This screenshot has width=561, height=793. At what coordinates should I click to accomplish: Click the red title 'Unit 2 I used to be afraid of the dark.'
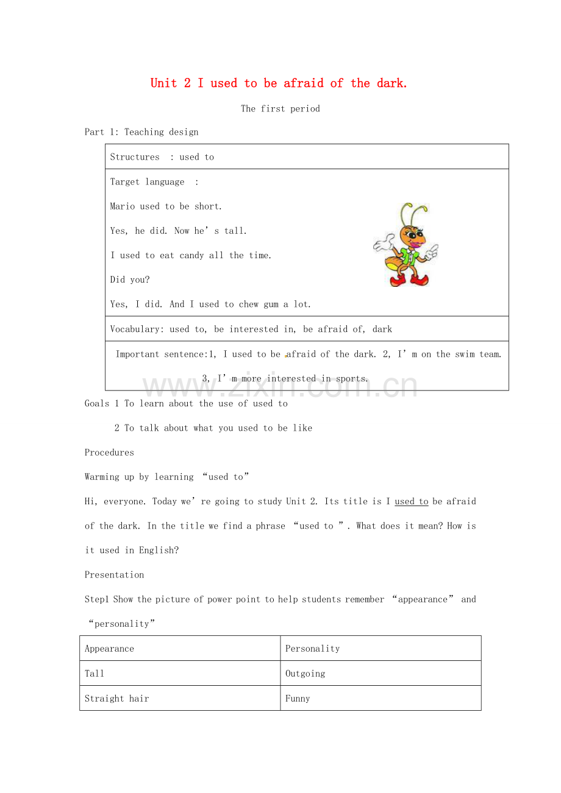pos(279,83)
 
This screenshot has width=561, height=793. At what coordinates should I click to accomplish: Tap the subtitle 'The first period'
pos(280,109)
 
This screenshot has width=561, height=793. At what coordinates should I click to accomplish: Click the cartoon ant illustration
pos(406,245)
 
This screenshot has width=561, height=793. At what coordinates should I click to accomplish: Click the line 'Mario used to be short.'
pos(166,206)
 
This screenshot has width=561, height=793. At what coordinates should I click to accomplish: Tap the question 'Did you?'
pos(130,280)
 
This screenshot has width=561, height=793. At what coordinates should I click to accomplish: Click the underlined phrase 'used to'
pos(412,502)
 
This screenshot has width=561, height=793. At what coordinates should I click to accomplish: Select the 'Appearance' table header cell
pos(180,649)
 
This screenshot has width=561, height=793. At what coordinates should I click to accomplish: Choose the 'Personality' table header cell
pos(381,649)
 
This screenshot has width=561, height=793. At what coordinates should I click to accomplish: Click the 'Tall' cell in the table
pos(180,674)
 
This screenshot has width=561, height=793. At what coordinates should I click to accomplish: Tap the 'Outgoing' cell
pos(381,674)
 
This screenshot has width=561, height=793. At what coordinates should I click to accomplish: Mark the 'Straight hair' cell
pos(180,699)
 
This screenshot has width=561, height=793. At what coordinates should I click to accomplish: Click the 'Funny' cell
pos(381,699)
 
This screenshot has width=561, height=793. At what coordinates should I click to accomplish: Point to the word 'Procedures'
pos(109,453)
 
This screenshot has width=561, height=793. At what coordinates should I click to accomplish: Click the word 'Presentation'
pos(115,575)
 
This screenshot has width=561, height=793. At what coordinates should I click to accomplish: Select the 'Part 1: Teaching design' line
pos(141,132)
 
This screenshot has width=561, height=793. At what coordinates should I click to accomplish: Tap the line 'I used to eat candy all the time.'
pos(191,256)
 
